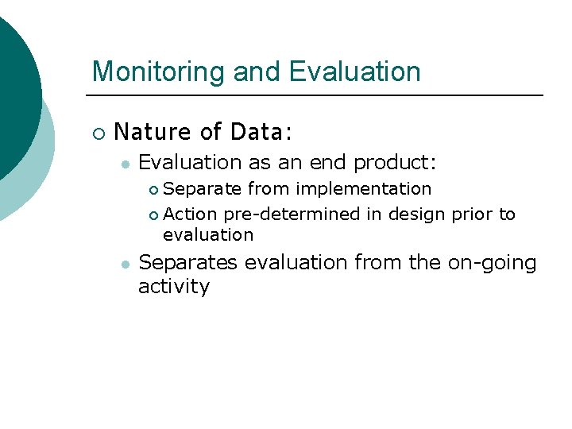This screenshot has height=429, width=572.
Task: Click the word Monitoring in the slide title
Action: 159,71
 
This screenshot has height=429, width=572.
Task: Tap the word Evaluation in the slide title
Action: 354,71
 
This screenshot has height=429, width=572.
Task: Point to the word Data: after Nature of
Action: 256,131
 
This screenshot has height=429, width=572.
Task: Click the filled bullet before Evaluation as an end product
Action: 124,164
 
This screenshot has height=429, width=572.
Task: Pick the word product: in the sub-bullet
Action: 395,163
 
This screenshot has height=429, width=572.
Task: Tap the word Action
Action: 191,214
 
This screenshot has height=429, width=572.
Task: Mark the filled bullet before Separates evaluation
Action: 124,264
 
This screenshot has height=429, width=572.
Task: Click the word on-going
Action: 492,263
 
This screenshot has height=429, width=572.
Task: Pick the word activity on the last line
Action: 173,286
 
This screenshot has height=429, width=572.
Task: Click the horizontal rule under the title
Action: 318,95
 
